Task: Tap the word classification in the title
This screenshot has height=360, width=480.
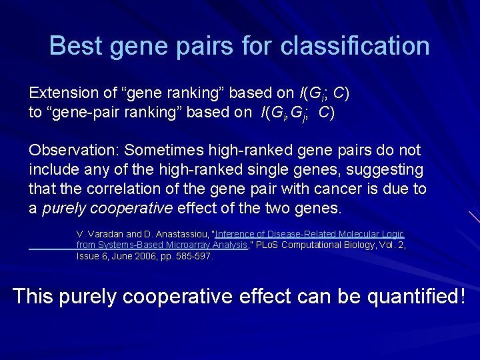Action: [x=355, y=46]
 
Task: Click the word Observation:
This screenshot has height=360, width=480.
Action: [x=74, y=151]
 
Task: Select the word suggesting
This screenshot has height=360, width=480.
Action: [x=381, y=170]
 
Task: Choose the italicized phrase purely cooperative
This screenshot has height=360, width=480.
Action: [x=107, y=209]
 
